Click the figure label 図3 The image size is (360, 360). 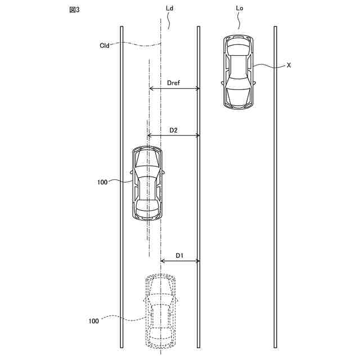pyautogui.click(x=74, y=10)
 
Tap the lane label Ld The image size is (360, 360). pyautogui.click(x=169, y=8)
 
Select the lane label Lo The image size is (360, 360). pyautogui.click(x=240, y=8)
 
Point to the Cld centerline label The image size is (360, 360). pyautogui.click(x=105, y=46)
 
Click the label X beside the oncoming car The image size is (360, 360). pyautogui.click(x=289, y=65)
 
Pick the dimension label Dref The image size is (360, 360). pyautogui.click(x=174, y=83)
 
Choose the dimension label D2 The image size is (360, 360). pyautogui.click(x=173, y=130)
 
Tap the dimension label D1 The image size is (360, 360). pyautogui.click(x=179, y=255)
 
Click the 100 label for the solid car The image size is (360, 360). pyautogui.click(x=102, y=182)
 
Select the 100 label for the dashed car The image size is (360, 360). pyautogui.click(x=94, y=321)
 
